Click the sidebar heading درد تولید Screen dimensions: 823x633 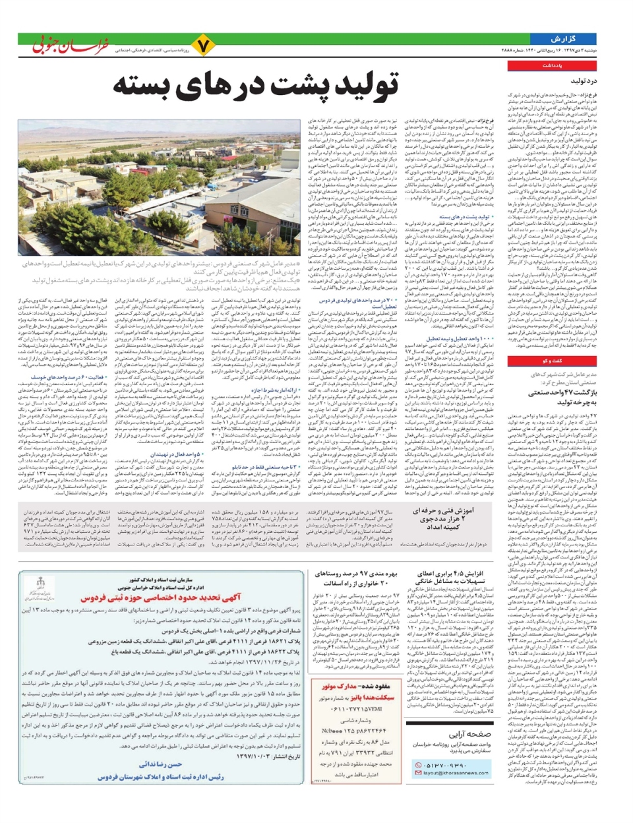(x=583, y=81)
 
